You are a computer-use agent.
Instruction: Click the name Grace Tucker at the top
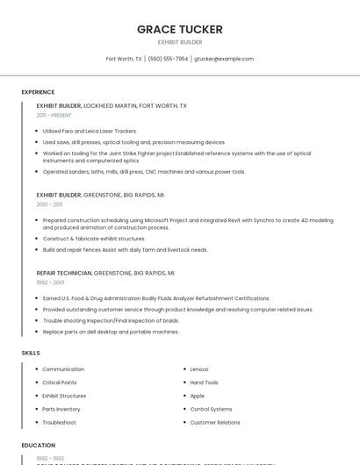[180, 29]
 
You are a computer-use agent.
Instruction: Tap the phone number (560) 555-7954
[168, 59]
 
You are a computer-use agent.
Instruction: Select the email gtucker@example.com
[224, 59]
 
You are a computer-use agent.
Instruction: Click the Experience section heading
[38, 92]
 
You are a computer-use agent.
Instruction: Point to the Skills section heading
[31, 353]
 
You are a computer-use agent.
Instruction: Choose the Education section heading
[39, 446]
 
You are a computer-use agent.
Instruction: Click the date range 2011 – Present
[54, 115]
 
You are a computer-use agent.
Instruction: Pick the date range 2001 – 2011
[49, 204]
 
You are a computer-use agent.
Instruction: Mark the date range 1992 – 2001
[50, 283]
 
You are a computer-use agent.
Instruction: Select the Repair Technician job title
[64, 273]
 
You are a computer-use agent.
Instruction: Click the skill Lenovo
[199, 369]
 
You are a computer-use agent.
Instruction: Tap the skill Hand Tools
[205, 383]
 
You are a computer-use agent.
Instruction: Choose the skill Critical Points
[60, 383]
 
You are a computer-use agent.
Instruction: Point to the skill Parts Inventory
[61, 409]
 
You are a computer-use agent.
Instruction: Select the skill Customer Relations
[215, 423]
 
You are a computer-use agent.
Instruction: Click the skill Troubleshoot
[59, 423]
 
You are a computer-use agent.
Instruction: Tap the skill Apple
[198, 396]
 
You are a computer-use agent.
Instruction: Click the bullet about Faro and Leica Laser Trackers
[90, 131]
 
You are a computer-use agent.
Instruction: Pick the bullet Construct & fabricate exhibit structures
[94, 239]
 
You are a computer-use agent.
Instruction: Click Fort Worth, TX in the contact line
[124, 59]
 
